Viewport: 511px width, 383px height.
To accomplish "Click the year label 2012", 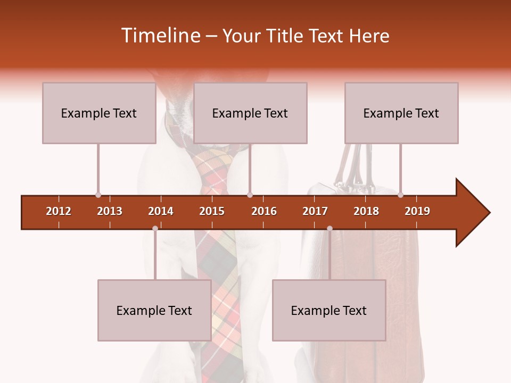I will tap(59, 211).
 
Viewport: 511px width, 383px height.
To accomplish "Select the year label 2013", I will tap(110, 211).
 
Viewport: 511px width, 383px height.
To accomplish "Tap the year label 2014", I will tap(161, 211).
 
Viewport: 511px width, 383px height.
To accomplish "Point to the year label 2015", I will tap(212, 211).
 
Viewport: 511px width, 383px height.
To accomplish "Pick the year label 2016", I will tap(264, 211).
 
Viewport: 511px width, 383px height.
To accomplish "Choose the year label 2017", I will tap(315, 211).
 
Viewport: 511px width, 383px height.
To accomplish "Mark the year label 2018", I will tap(366, 211).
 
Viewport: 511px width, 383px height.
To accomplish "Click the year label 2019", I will tap(417, 211).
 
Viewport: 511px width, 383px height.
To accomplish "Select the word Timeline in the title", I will tap(160, 36).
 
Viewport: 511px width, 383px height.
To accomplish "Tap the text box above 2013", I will tap(99, 113).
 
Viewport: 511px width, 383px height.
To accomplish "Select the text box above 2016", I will tap(250, 113).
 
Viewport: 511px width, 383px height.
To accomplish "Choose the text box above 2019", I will tap(401, 113).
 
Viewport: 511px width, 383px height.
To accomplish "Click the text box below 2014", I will tap(154, 310).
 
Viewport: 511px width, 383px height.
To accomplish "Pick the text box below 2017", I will tap(329, 310).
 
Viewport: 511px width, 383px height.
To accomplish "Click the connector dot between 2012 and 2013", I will tap(98, 195).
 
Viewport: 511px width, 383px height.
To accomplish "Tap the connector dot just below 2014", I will tap(155, 228).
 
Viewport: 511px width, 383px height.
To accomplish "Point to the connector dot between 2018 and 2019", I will tap(400, 195).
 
